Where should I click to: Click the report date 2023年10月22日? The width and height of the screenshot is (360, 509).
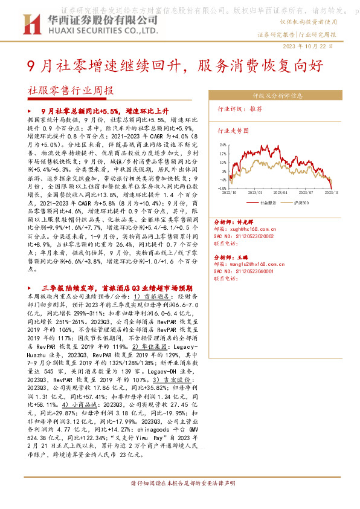tap(307, 47)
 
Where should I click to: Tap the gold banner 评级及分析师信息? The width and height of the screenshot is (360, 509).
tap(277, 96)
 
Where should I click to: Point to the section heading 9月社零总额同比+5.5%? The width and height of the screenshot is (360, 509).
tap(95, 112)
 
